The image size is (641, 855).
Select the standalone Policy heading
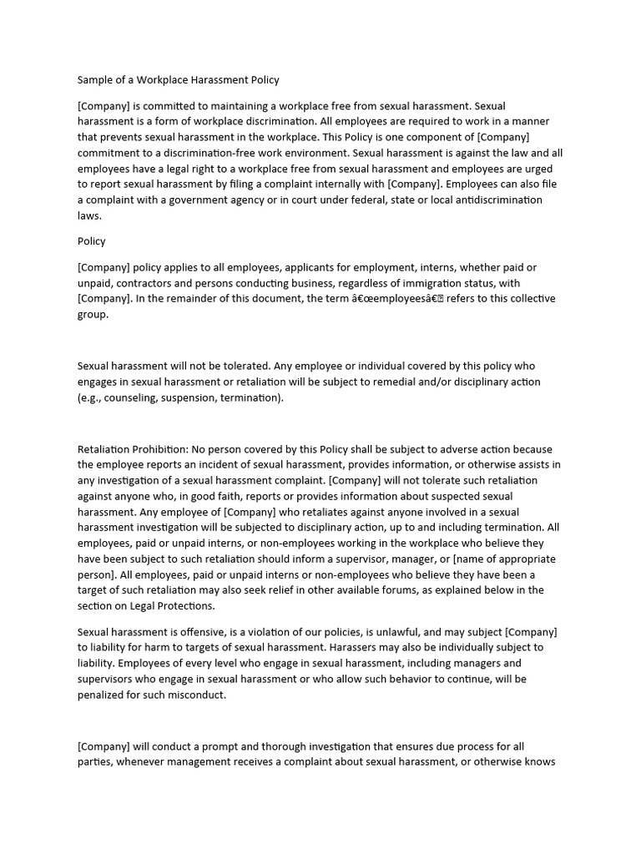tap(92, 241)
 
